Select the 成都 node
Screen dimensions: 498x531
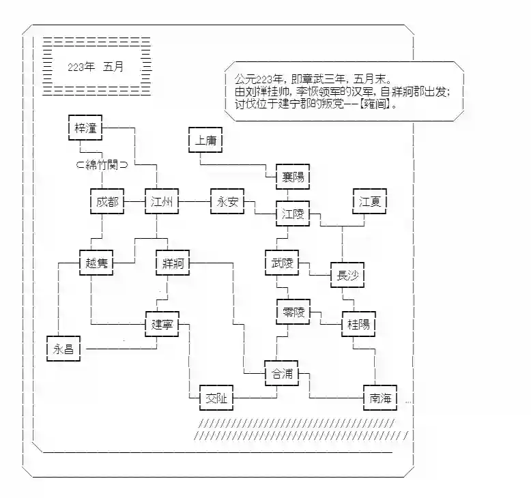click(x=106, y=202)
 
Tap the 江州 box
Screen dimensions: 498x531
click(x=161, y=202)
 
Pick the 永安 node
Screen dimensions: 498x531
click(x=227, y=202)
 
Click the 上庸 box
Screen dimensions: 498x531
click(x=205, y=140)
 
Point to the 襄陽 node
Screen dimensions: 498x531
click(x=293, y=177)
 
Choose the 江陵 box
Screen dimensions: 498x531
click(x=293, y=214)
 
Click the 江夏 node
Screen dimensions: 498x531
click(x=369, y=202)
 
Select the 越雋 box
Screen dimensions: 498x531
click(x=96, y=263)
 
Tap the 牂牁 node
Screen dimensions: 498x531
click(x=173, y=263)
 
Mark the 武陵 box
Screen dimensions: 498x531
click(x=282, y=263)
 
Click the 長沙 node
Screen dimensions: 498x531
click(x=347, y=276)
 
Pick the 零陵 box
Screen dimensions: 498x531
click(x=293, y=312)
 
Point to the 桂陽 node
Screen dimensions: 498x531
click(x=358, y=325)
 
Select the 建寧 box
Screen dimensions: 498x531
click(x=162, y=325)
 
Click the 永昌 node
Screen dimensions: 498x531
click(x=63, y=349)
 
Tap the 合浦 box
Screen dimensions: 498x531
click(x=282, y=374)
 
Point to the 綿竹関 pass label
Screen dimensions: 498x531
click(x=102, y=164)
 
